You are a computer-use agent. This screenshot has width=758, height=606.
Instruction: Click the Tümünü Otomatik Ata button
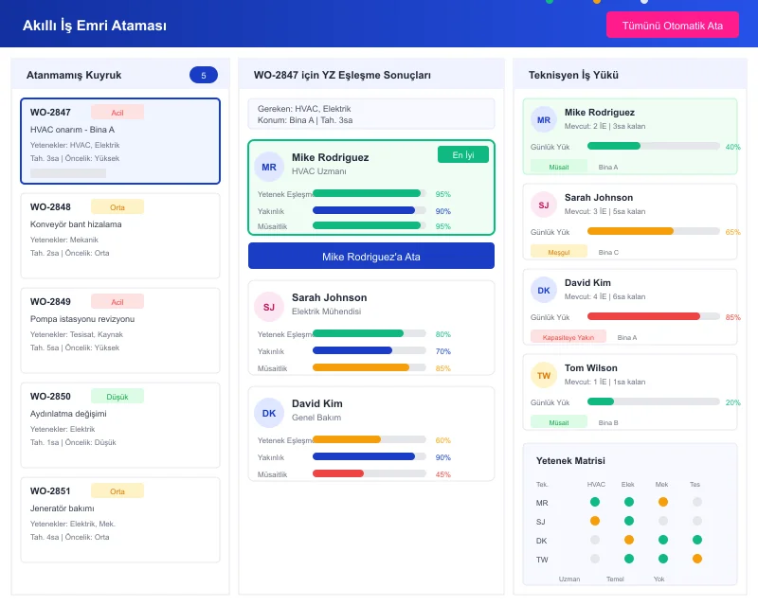672,25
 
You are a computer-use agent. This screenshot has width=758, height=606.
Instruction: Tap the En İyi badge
462,154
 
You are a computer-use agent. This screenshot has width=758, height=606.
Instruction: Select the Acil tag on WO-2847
117,113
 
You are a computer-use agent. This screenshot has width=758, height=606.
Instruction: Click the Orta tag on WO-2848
117,206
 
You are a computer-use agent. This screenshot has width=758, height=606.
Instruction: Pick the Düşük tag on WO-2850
117,397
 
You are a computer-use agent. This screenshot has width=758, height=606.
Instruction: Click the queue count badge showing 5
203,75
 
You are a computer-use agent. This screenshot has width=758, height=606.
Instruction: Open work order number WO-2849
50,302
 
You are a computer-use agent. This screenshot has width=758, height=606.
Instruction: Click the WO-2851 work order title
50,491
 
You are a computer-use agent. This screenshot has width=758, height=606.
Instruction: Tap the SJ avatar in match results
269,307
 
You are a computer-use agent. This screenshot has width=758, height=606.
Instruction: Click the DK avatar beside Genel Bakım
269,413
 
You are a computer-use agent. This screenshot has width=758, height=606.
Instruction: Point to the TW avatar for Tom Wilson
544,376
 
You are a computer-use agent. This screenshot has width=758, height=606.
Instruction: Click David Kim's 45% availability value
442,474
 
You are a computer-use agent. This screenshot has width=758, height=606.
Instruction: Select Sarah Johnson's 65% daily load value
732,232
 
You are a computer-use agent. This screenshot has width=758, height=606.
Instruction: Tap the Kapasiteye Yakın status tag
568,337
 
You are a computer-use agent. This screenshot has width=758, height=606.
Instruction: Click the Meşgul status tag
552,252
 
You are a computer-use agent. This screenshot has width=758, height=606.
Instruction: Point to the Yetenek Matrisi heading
570,461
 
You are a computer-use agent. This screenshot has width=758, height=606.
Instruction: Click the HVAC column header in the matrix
596,485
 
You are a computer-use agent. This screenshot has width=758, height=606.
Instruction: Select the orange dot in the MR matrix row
662,503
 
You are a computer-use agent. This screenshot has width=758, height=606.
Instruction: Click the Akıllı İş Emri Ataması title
95,26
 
